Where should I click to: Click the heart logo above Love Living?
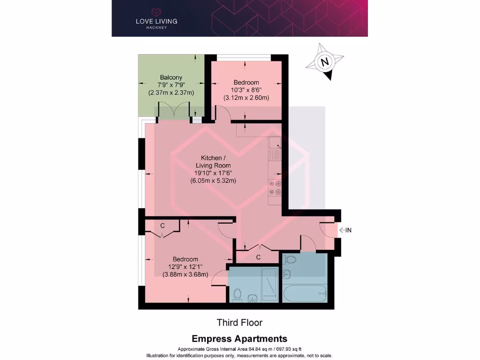point(157,11)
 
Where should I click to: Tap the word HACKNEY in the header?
point(157,27)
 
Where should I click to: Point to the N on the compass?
point(323,61)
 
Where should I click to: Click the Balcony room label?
point(171,77)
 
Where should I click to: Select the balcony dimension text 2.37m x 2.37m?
point(171,93)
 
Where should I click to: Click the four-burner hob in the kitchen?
point(275,187)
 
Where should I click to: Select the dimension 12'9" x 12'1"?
point(185,267)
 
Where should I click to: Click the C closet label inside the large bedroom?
point(162,225)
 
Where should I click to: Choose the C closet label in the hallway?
point(258,257)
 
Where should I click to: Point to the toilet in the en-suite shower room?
point(238,294)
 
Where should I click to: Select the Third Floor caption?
point(239,322)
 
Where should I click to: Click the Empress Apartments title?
point(239,338)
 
